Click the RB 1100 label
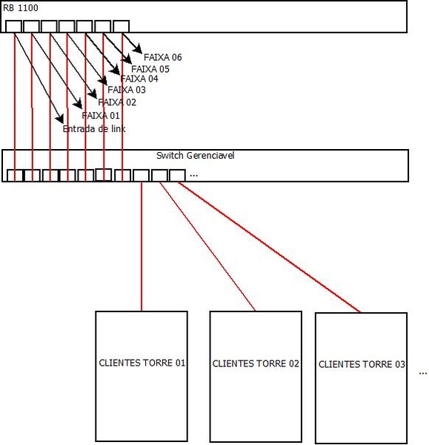(x=21, y=8)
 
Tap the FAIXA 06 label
(x=163, y=57)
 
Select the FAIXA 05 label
(x=150, y=69)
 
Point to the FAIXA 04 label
(x=139, y=79)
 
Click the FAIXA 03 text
(x=127, y=90)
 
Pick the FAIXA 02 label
(x=117, y=102)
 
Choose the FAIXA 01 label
(x=101, y=116)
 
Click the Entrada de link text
(x=94, y=129)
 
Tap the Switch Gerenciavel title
(x=196, y=156)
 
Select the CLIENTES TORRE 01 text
(x=142, y=363)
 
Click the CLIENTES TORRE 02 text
(x=256, y=363)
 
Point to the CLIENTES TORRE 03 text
(x=362, y=364)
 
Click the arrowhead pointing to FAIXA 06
(x=138, y=49)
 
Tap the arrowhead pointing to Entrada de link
(x=60, y=119)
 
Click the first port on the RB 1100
(x=13, y=26)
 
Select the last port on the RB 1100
(x=122, y=26)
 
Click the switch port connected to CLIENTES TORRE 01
(x=142, y=175)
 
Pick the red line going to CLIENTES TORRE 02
(x=207, y=246)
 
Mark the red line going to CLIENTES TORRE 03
(x=269, y=247)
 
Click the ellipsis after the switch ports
(x=193, y=176)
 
